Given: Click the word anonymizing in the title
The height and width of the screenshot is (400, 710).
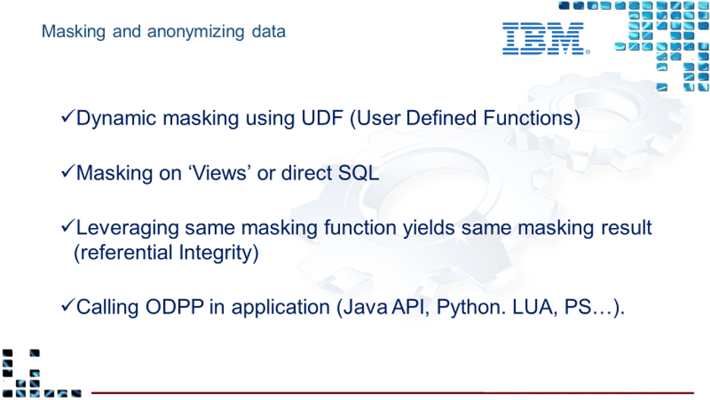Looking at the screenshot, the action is click(196, 32).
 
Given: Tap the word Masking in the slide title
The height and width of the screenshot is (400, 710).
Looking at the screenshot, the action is click(74, 32).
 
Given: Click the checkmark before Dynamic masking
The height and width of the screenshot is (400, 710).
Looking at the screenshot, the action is click(68, 116).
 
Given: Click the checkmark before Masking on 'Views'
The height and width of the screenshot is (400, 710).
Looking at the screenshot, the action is click(68, 171).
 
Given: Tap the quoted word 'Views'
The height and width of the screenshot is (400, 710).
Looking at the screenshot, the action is click(220, 173).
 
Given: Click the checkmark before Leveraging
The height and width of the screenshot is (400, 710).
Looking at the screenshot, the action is click(68, 226).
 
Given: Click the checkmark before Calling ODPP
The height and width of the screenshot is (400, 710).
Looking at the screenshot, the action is click(68, 305).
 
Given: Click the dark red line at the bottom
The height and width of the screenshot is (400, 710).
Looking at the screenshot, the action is click(393, 392).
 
